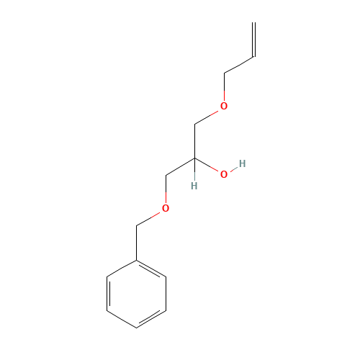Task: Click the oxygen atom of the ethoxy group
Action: [224, 107]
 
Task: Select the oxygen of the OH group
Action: [224, 174]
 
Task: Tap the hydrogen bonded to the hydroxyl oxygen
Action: [242, 163]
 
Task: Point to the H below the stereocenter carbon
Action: [194, 186]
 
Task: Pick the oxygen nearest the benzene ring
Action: [166, 209]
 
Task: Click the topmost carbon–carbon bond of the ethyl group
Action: [238, 64]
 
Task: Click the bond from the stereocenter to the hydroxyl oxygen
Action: [208, 166]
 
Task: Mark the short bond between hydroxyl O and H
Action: [233, 168]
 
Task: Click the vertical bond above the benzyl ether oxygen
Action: [166, 191]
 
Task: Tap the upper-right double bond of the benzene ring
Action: [151, 268]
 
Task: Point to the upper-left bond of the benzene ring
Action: [122, 268]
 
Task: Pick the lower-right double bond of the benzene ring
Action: [151, 318]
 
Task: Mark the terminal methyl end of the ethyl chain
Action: [253, 56]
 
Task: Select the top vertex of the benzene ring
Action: [137, 260]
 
